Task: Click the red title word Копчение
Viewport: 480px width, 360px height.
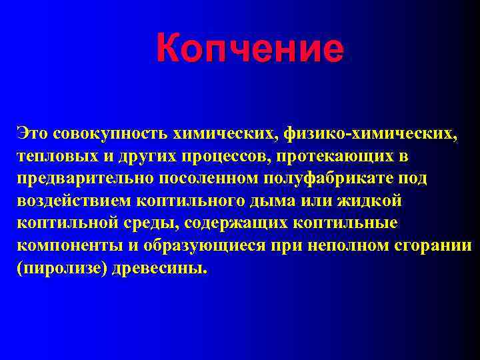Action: pos(250,50)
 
